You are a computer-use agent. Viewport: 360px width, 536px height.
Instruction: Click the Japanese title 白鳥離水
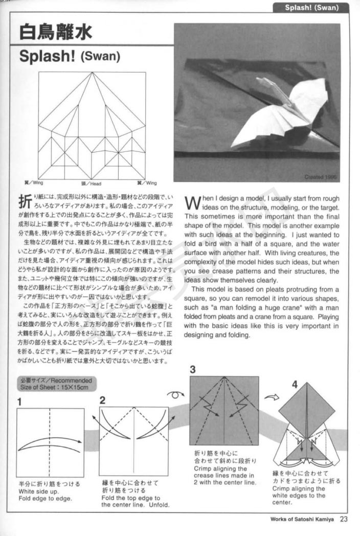56,32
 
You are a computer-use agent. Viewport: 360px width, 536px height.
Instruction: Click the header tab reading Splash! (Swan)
310,8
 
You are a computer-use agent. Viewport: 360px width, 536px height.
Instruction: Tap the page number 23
343,519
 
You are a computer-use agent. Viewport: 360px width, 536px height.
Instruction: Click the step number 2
102,400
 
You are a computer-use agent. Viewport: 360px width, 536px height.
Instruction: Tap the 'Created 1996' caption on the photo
321,177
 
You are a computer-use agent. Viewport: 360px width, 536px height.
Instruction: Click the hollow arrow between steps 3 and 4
271,396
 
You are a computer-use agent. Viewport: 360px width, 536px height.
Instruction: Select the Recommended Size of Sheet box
56,384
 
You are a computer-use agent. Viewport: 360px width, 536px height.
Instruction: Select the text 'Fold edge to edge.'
46,498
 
